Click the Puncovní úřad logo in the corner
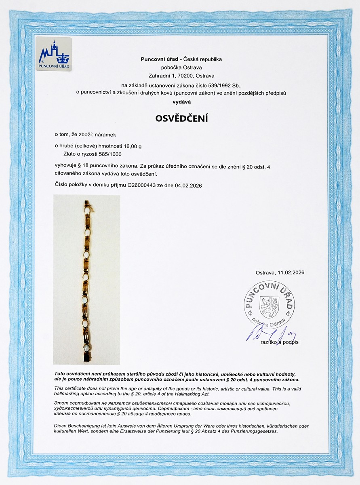tap(54, 54)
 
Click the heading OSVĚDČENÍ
tap(181, 119)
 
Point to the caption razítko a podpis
tap(278, 342)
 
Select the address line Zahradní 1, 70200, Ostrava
tap(181, 76)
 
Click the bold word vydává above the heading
tap(181, 102)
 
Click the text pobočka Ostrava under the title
tap(181, 67)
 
